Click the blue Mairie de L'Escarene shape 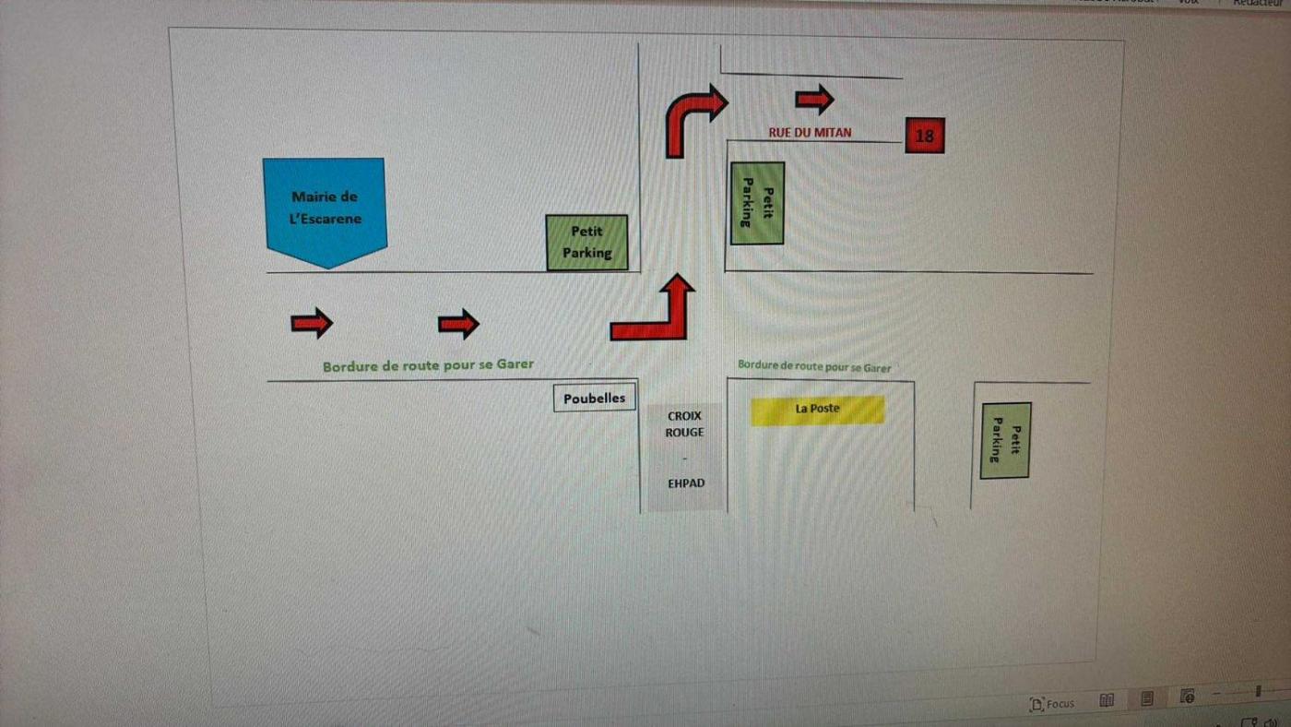point(325,210)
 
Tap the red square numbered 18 point(925,136)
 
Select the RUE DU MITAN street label point(810,133)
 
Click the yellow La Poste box point(817,410)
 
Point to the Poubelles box point(595,398)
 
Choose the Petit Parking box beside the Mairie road point(586,243)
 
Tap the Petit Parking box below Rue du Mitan point(757,203)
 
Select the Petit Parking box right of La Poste point(1004,440)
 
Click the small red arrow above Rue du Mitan point(814,99)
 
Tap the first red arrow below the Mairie point(312,323)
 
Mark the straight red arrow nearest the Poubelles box point(458,324)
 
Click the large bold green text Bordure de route point(428,365)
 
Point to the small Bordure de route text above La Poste point(813,366)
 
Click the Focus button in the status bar point(1052,703)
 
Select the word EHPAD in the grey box point(686,483)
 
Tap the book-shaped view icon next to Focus point(1107,700)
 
